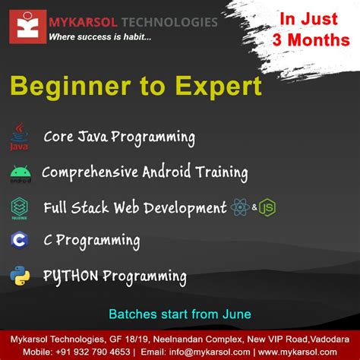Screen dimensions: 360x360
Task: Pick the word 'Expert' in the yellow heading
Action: [x=219, y=85]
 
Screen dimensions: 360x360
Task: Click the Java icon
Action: [x=19, y=136]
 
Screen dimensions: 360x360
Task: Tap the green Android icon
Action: [x=20, y=174]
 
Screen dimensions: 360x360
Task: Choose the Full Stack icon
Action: [x=20, y=207]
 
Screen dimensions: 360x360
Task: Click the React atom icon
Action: [x=239, y=207]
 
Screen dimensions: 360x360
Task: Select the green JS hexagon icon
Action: [x=267, y=207]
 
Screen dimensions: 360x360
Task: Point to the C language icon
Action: [x=20, y=241]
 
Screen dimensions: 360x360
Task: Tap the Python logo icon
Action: [x=20, y=275]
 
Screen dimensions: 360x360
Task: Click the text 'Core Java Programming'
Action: [x=119, y=137]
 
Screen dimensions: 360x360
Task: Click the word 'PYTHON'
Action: [x=71, y=275]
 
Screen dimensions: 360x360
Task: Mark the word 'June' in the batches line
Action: [x=236, y=313]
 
